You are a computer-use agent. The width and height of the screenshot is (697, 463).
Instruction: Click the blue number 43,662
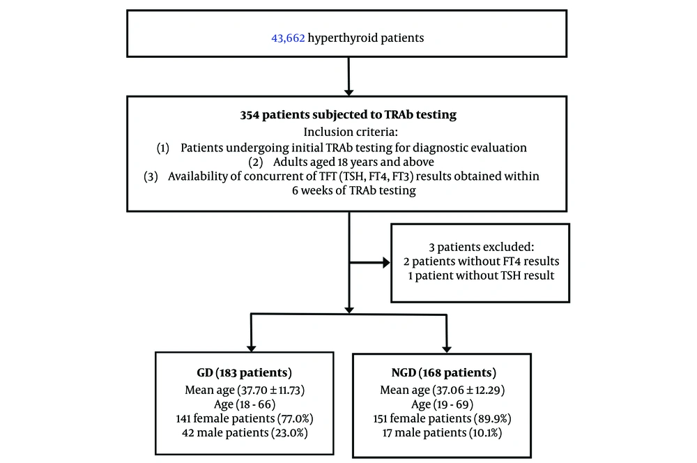tap(288, 38)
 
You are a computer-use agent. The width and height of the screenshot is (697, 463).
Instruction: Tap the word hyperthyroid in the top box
tap(337, 38)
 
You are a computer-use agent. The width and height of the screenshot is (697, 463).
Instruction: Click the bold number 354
tap(250, 115)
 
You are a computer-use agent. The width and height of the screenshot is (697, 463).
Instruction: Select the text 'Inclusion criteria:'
tap(351, 132)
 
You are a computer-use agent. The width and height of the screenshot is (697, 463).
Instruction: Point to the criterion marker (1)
tap(163, 148)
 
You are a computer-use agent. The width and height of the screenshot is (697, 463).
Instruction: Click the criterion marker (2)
tap(256, 162)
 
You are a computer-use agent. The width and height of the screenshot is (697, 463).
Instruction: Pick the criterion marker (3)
tap(151, 176)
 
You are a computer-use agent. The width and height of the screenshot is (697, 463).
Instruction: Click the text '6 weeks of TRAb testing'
tap(354, 190)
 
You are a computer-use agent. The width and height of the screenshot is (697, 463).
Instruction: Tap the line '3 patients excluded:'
tap(482, 247)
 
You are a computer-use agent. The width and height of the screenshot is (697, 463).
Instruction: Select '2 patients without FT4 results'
tap(482, 261)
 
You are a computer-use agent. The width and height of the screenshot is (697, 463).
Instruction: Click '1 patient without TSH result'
tap(482, 275)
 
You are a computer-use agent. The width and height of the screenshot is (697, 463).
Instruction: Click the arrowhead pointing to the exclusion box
tap(387, 263)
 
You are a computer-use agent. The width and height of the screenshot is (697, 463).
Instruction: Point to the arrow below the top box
tap(349, 77)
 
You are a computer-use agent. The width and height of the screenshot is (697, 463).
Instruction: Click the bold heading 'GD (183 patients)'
tap(245, 373)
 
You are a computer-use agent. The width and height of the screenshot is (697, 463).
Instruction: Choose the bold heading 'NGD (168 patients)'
tap(443, 373)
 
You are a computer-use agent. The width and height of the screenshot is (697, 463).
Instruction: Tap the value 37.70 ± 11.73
tap(271, 390)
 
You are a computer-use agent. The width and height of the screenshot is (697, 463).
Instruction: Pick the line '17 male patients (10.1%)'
tap(443, 433)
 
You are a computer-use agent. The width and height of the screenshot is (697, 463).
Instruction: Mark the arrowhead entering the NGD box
tap(447, 349)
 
